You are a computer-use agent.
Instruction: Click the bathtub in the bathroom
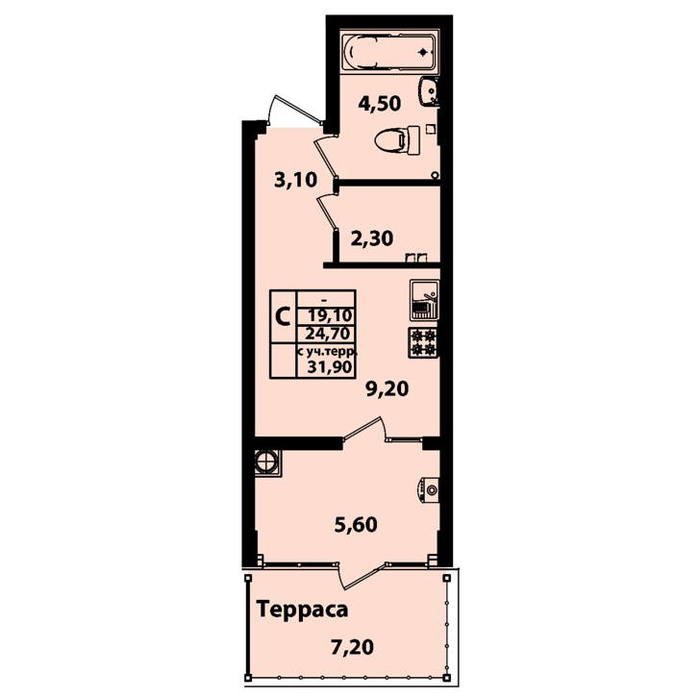pyautogui.click(x=387, y=52)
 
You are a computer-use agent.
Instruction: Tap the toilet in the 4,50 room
pyautogui.click(x=397, y=140)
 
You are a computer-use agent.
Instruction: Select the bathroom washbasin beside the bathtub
pyautogui.click(x=429, y=91)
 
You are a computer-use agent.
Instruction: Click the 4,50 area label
pyautogui.click(x=380, y=103)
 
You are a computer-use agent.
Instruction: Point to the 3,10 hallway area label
pyautogui.click(x=295, y=180)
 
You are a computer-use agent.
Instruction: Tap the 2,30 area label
pyautogui.click(x=372, y=237)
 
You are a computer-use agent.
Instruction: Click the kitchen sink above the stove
pyautogui.click(x=425, y=300)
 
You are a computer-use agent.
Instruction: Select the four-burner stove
pyautogui.click(x=423, y=342)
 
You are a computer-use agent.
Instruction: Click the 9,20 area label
pyautogui.click(x=387, y=388)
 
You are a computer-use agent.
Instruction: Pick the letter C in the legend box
pyautogui.click(x=283, y=316)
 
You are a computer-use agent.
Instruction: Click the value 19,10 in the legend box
pyautogui.click(x=330, y=315)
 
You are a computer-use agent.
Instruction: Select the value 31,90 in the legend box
pyautogui.click(x=330, y=367)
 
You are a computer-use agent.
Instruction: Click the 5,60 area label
pyautogui.click(x=356, y=524)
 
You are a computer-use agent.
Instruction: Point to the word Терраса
pyautogui.click(x=302, y=610)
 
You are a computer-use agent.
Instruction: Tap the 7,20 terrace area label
pyautogui.click(x=352, y=647)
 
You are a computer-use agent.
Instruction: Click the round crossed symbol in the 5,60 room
pyautogui.click(x=267, y=462)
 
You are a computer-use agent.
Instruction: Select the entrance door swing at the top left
pyautogui.click(x=294, y=109)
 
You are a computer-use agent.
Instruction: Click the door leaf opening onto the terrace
pyautogui.click(x=362, y=576)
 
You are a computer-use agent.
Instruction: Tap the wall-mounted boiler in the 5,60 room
pyautogui.click(x=429, y=489)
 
